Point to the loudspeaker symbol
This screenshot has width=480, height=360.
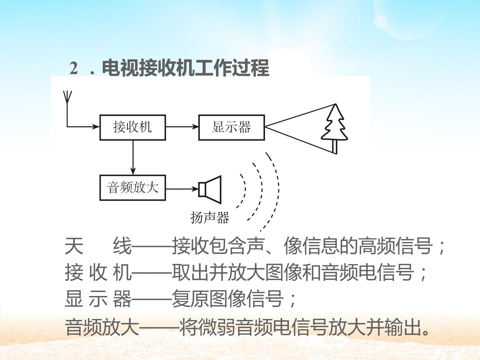(x=210, y=189)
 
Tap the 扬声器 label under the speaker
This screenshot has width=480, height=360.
(x=210, y=217)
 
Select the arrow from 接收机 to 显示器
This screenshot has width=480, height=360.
(x=182, y=127)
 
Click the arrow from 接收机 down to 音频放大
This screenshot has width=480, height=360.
(x=133, y=158)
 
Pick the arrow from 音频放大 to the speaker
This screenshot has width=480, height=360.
(x=182, y=189)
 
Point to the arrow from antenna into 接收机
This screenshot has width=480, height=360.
(x=83, y=127)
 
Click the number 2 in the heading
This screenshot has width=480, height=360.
(x=74, y=68)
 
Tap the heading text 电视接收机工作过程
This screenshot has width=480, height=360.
(x=185, y=68)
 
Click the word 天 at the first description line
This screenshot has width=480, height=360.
(x=74, y=246)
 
